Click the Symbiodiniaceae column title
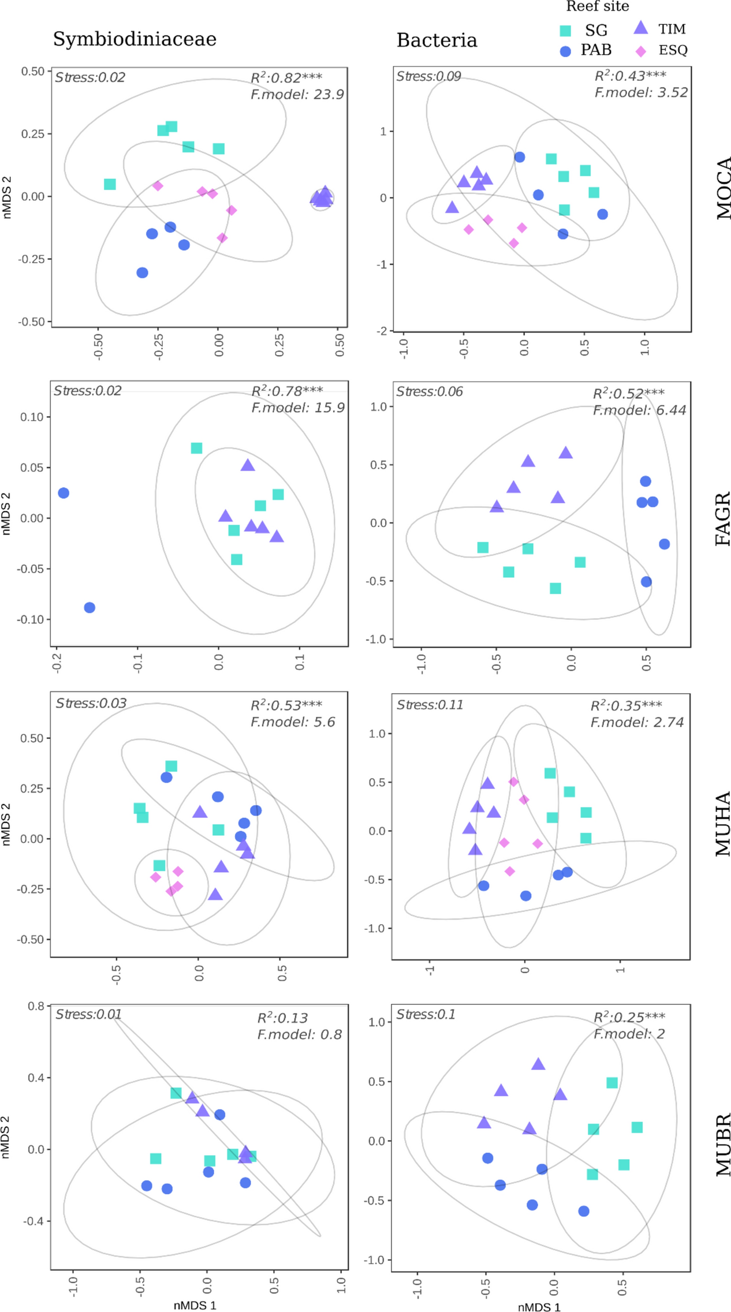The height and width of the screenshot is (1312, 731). point(135,39)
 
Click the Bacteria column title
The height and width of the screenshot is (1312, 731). point(437,40)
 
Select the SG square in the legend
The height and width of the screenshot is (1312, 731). point(565,31)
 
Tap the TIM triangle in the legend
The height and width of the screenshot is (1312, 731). point(640,27)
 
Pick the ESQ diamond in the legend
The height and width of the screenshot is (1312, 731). point(640,51)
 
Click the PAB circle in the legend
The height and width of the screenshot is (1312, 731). point(565,51)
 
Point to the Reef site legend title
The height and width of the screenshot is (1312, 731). point(597,7)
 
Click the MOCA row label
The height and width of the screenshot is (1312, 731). point(723,188)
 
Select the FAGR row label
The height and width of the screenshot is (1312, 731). point(723,518)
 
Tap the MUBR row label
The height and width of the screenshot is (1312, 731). point(723,1145)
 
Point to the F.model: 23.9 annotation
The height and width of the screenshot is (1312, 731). point(297,94)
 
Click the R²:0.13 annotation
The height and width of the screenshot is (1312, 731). point(282,1018)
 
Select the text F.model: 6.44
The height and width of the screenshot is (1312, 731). point(639,410)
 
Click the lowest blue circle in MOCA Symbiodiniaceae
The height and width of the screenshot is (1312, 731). point(142,272)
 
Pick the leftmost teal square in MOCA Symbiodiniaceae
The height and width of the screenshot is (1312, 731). point(110,184)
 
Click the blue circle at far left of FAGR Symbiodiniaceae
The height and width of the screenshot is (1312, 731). point(64,493)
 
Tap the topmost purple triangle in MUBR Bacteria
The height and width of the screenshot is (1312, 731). point(538,1064)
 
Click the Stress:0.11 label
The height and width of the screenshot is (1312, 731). point(430,705)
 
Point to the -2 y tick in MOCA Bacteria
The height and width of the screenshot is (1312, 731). point(382,331)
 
